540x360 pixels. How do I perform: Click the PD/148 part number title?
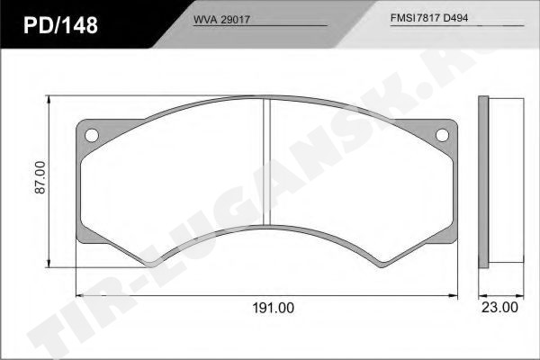[60, 25]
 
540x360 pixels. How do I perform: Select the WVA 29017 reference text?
[221, 20]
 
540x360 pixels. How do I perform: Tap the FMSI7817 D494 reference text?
[429, 18]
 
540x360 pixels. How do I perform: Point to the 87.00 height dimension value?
[40, 177]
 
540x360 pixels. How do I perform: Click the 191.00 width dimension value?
[273, 308]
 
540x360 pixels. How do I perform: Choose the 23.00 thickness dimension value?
[499, 307]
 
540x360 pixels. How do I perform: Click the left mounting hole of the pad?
[92, 135]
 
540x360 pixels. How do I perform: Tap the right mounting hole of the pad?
[442, 135]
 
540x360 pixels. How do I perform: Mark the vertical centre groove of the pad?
[266, 162]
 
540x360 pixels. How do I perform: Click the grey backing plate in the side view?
[483, 182]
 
